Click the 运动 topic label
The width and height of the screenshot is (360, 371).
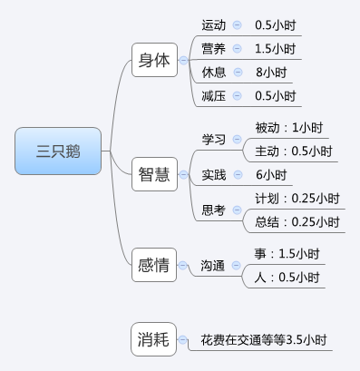[214, 24]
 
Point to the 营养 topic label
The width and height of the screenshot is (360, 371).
[214, 48]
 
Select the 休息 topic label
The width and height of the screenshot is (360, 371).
[214, 72]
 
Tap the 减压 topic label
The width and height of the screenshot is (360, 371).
[214, 95]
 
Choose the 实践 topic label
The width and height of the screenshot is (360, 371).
[214, 174]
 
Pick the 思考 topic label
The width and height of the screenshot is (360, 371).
[214, 210]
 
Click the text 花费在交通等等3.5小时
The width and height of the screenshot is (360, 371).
[264, 340]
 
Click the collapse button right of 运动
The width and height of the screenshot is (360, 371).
[238, 24]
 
